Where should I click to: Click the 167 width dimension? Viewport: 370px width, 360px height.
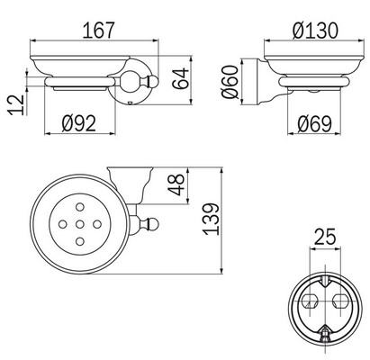pyautogui.click(x=100, y=30)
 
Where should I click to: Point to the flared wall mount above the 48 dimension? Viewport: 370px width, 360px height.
pyautogui.click(x=126, y=175)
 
